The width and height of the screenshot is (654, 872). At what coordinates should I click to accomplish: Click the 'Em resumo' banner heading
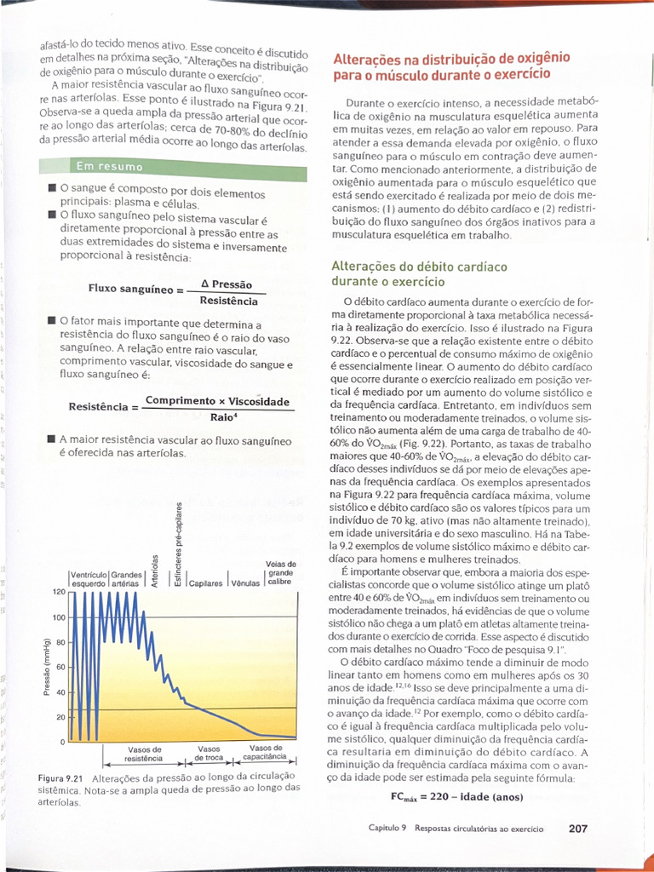[109, 165]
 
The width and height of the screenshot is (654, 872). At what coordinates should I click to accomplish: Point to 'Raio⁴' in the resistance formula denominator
[223, 417]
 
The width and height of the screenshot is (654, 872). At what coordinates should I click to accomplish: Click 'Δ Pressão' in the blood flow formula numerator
[226, 284]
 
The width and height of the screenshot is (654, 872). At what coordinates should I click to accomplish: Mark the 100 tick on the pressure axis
[60, 617]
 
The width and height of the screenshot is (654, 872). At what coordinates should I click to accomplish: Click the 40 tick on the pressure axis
[60, 692]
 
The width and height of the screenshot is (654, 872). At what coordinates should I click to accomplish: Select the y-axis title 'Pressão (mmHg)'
[48, 666]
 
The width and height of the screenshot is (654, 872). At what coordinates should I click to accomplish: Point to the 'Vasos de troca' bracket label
[209, 753]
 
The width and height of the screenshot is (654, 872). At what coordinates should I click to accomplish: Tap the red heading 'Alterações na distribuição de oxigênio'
[450, 59]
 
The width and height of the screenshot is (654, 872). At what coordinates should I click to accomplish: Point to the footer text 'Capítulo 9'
[387, 828]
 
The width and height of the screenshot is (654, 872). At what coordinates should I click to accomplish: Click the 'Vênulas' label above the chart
[246, 583]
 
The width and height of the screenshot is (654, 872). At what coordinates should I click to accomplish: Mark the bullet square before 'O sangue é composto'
[53, 188]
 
